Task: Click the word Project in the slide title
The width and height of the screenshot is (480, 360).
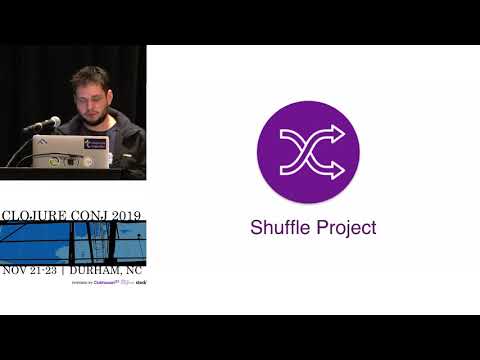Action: tap(342, 228)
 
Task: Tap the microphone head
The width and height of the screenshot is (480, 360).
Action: tap(52, 123)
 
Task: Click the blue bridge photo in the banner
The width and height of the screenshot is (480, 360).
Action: tap(73, 242)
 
